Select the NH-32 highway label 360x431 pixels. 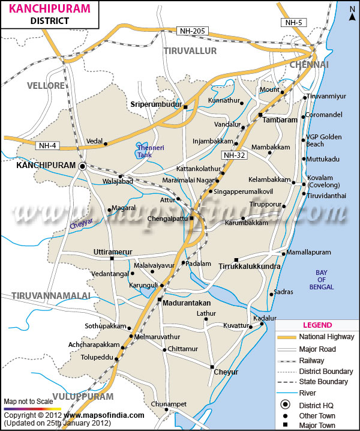[x=233, y=155]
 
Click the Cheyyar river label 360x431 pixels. [x=78, y=222]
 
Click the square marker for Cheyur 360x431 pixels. [x=212, y=367]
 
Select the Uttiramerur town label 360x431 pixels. [x=113, y=251]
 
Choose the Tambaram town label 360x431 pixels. [x=280, y=120]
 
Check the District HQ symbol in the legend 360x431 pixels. [x=286, y=405]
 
